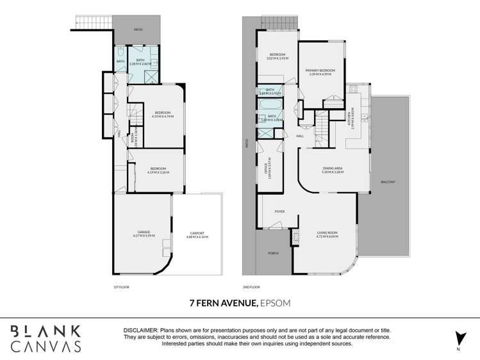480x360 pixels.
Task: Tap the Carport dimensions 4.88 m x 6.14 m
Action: click(x=196, y=237)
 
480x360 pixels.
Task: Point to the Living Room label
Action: click(x=327, y=233)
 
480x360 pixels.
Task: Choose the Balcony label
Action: click(x=388, y=182)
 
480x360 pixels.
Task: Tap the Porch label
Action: click(x=273, y=252)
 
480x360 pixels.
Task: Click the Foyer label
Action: click(x=279, y=211)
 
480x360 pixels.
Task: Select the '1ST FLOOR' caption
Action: click(x=121, y=287)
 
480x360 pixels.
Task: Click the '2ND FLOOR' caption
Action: click(x=251, y=287)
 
